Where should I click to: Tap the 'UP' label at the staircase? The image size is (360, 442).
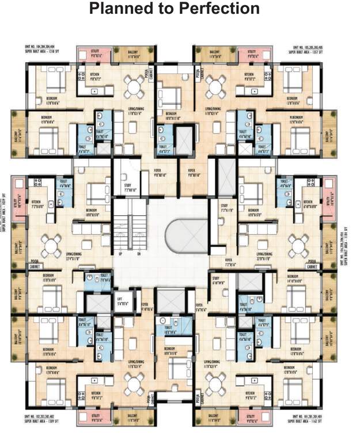[120, 254]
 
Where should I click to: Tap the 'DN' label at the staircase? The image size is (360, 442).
[138, 254]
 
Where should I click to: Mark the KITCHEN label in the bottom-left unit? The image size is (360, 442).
[94, 395]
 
